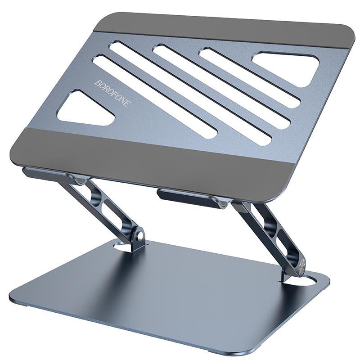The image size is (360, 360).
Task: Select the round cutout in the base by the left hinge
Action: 122,246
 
